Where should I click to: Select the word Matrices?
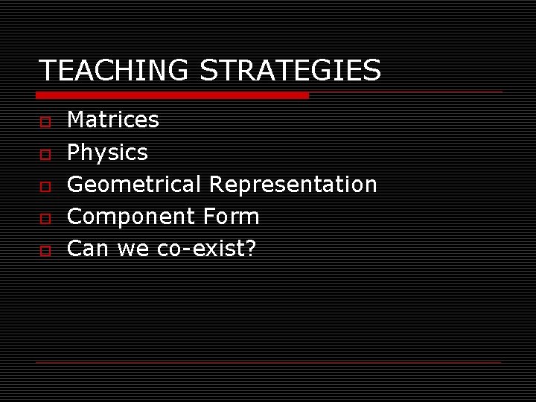pos(113,120)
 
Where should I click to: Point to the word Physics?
pos(107,153)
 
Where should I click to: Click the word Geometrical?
pos(134,185)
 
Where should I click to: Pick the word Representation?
pos(293,184)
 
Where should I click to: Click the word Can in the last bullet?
pos(88,249)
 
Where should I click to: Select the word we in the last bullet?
pos(133,249)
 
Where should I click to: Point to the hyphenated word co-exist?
pos(200,249)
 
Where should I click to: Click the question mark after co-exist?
pos(250,249)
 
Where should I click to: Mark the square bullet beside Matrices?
pos(45,121)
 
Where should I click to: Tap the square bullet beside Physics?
pos(45,153)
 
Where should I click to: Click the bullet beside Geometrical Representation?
pos(45,185)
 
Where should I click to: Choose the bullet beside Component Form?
pos(45,218)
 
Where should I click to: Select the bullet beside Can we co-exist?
pos(45,250)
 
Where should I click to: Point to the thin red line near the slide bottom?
pos(268,362)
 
